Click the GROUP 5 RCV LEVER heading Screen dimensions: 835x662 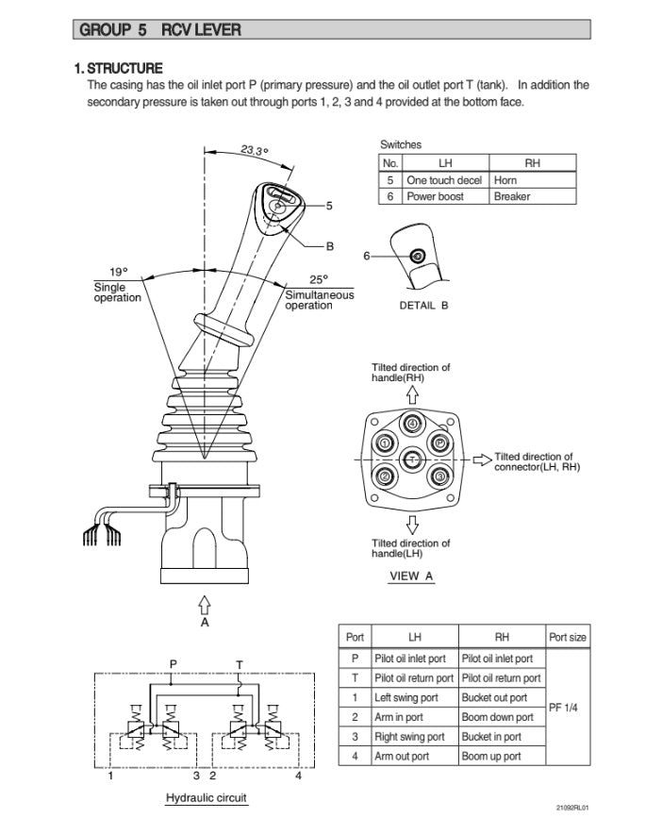tap(160, 30)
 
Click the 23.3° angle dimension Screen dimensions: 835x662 tap(254, 150)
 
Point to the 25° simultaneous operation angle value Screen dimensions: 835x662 tap(319, 279)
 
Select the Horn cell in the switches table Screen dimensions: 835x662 tap(505, 179)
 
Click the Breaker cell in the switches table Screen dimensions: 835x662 tap(512, 196)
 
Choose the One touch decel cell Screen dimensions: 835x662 tap(444, 179)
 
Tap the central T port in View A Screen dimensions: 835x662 tap(412, 459)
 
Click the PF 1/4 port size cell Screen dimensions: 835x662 tap(568, 708)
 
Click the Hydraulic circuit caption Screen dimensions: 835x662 tap(207, 798)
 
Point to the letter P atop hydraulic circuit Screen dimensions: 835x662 tap(172, 663)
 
